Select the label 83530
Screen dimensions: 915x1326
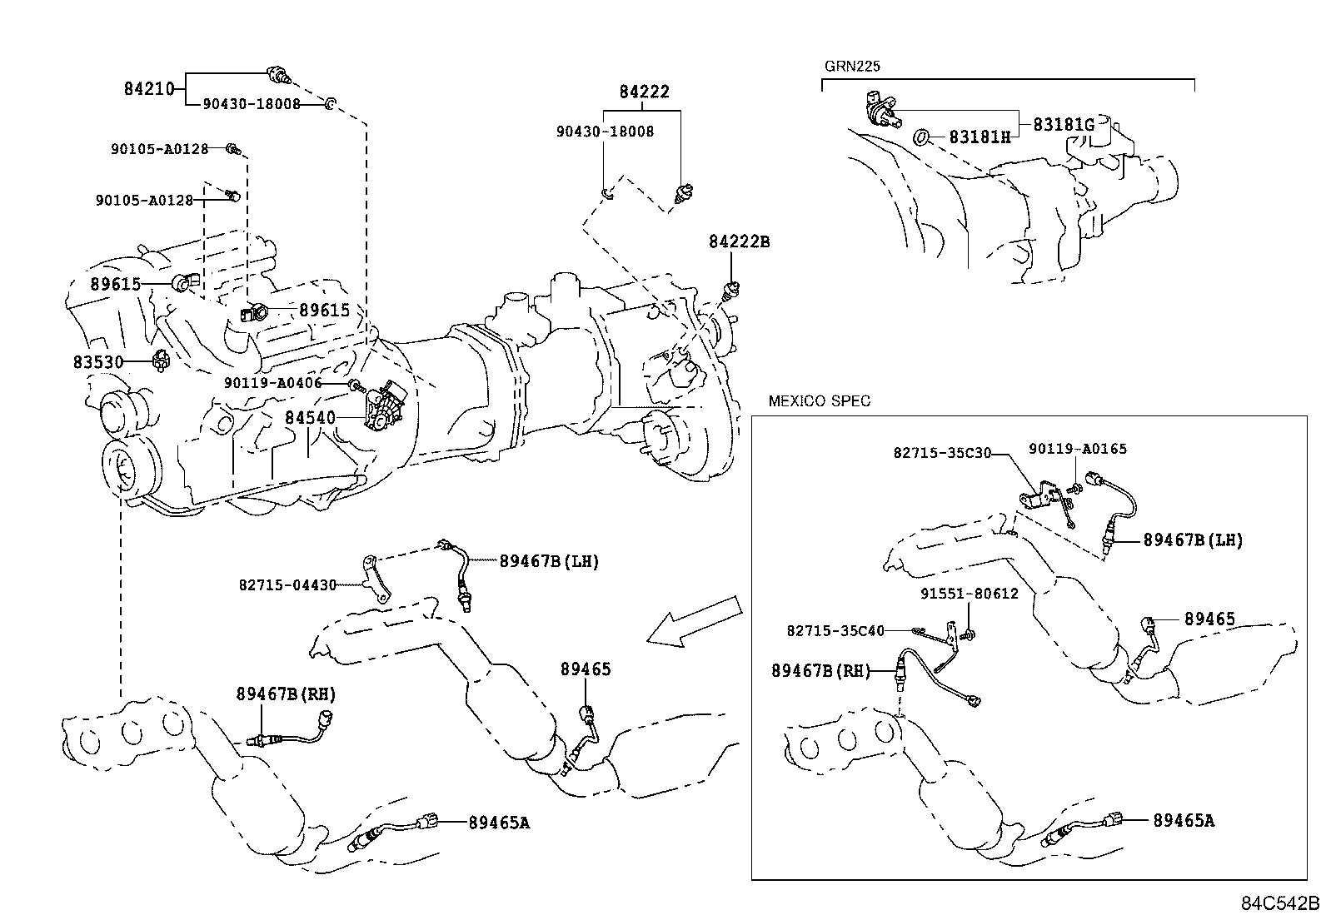point(97,362)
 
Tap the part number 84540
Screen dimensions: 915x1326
point(309,417)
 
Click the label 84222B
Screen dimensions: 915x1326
point(739,242)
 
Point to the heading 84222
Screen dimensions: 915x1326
point(644,92)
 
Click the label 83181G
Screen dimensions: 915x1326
point(1064,125)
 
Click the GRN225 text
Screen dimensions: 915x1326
point(852,67)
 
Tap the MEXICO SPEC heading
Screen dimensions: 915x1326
point(819,401)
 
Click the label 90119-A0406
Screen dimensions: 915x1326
point(272,383)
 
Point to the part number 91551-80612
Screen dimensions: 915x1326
point(969,594)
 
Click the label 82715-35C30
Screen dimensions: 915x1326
point(942,453)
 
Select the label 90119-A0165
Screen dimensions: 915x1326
point(1077,449)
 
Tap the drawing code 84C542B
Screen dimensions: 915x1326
point(1280,903)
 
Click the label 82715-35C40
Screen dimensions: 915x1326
point(835,631)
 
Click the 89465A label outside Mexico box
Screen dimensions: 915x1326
point(498,823)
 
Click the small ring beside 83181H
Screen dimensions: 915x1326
point(922,135)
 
